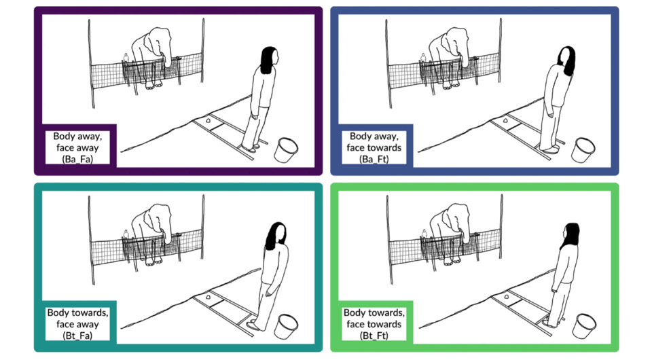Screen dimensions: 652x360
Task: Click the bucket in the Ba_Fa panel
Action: pyautogui.click(x=286, y=150)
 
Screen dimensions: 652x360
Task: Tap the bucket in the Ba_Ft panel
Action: pyautogui.click(x=583, y=150)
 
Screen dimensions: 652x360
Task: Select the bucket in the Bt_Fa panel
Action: pyautogui.click(x=287, y=326)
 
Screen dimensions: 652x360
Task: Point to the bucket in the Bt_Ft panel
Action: pyautogui.click(x=584, y=326)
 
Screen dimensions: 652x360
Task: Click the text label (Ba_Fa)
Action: pyautogui.click(x=77, y=159)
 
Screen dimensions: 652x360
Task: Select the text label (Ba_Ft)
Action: pyautogui.click(x=374, y=159)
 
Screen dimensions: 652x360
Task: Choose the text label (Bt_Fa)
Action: pyautogui.click(x=77, y=336)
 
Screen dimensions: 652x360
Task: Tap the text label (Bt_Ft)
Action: pyautogui.click(x=374, y=336)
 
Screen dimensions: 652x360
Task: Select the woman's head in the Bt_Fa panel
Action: pyautogui.click(x=276, y=236)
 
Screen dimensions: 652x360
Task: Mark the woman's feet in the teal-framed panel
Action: pyautogui.click(x=253, y=326)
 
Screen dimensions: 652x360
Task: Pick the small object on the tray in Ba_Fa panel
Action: pyautogui.click(x=208, y=121)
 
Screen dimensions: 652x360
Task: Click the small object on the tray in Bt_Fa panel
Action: pyautogui.click(x=208, y=298)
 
